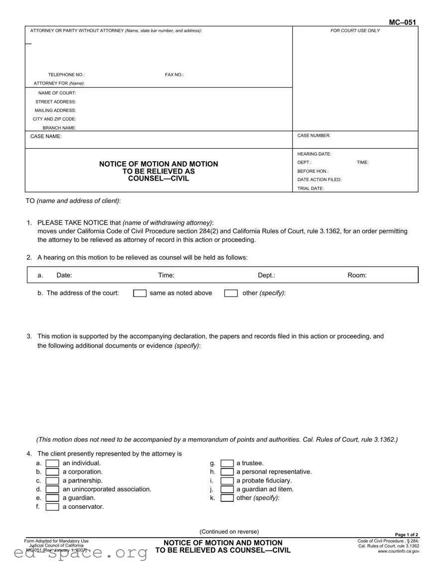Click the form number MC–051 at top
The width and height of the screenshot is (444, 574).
[402, 22]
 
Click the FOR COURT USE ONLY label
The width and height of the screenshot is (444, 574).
[355, 31]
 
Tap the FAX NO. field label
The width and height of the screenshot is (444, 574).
[174, 75]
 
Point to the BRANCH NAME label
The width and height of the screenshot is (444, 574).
[59, 128]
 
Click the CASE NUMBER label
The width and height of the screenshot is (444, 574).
[314, 135]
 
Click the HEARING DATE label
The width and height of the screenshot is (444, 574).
[314, 154]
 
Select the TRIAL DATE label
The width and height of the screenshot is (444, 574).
[311, 189]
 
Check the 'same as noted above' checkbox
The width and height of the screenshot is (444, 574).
[140, 293]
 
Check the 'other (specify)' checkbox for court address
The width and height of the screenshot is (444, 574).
[231, 293]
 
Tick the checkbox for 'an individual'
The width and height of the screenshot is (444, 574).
[52, 464]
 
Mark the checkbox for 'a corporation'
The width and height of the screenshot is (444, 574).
[52, 472]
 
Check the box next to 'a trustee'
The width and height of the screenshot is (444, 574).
[227, 464]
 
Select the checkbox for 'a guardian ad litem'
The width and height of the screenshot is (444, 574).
[227, 489]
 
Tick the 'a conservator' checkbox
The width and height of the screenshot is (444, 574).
[52, 507]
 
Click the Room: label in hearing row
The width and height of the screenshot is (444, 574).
[357, 275]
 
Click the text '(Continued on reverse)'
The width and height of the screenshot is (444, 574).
[229, 531]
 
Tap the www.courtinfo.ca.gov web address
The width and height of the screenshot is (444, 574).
[398, 551]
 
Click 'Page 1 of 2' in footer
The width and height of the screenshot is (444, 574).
[407, 535]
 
